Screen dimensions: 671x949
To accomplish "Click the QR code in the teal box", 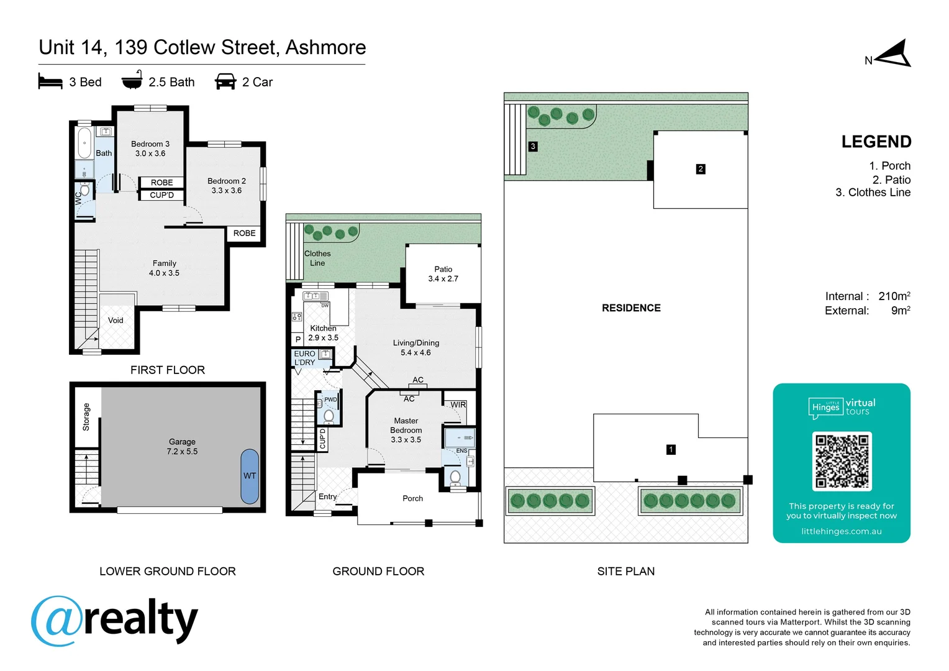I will [842, 461].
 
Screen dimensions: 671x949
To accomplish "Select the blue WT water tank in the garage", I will [250, 476].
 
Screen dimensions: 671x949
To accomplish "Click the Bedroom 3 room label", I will [150, 148].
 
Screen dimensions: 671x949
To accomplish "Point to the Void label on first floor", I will [116, 321].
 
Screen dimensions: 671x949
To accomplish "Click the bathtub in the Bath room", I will [84, 144].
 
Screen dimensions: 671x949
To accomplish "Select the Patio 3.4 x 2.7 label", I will [443, 274].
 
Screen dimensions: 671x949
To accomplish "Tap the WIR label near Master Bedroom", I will [458, 404].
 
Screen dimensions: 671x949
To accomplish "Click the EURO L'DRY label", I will [304, 358].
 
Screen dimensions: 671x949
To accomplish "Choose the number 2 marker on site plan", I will [701, 169].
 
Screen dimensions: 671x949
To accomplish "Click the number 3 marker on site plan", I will [533, 147].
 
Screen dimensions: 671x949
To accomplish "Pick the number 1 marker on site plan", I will [671, 449].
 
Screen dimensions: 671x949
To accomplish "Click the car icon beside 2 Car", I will [225, 82].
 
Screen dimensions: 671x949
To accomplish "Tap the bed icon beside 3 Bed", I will [50, 82].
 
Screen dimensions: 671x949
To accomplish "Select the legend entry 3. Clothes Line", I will [873, 193].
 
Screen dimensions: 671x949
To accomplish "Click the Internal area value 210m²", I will [894, 296].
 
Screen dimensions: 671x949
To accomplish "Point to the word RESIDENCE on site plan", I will [631, 308].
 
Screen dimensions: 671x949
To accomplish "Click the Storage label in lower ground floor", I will [86, 417].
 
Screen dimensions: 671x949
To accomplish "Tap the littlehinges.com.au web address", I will [841, 531].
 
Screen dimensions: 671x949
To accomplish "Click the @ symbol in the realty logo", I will [57, 621].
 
